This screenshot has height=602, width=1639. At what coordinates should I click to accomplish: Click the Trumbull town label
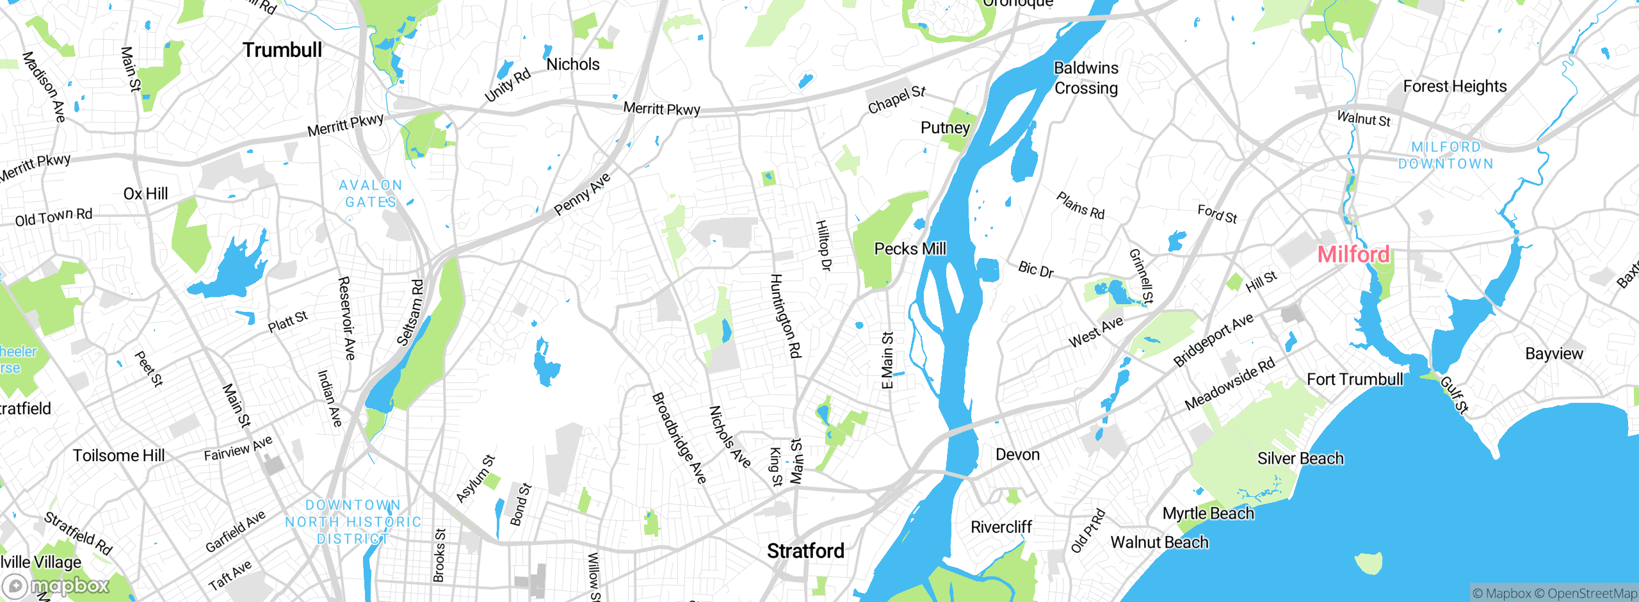[x=282, y=50]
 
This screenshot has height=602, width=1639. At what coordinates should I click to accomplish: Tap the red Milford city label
[x=1353, y=254]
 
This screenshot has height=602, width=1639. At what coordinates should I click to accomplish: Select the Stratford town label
[x=805, y=551]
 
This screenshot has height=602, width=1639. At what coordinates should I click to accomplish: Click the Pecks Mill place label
[x=910, y=248]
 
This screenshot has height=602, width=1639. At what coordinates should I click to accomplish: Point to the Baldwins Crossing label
[x=1086, y=77]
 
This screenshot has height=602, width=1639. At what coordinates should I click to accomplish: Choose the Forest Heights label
[x=1455, y=86]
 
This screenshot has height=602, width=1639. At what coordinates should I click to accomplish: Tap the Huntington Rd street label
[x=785, y=315]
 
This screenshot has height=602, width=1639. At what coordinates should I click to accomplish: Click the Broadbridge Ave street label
[x=679, y=438]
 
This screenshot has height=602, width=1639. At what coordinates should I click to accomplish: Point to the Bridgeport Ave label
[x=1213, y=339]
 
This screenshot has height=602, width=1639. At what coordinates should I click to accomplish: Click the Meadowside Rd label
[x=1229, y=384]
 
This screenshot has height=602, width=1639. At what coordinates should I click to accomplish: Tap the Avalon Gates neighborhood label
[x=371, y=193]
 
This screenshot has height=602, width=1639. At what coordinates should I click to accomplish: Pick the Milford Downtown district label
[x=1446, y=156]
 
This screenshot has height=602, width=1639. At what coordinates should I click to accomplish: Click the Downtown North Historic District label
[x=353, y=522]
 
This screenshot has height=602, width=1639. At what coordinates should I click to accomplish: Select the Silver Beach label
[x=1300, y=459]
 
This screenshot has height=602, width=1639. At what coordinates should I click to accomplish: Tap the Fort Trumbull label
[x=1354, y=379]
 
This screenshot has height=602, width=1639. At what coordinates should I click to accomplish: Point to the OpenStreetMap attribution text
[x=1592, y=594]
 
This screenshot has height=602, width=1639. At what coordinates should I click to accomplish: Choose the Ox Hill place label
[x=145, y=193]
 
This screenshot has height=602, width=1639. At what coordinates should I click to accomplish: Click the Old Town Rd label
[x=54, y=217]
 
